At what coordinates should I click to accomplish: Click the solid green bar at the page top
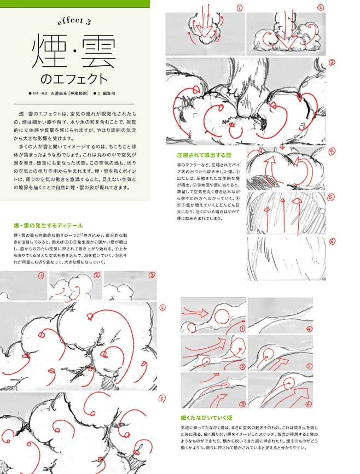click(x=74, y=3)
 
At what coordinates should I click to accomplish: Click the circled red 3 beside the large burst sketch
click(x=332, y=62)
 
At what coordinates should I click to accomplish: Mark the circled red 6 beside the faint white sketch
click(x=332, y=241)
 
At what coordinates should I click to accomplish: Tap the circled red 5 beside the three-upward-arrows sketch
click(x=332, y=197)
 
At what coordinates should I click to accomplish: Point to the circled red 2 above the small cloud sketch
click(x=97, y=275)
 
